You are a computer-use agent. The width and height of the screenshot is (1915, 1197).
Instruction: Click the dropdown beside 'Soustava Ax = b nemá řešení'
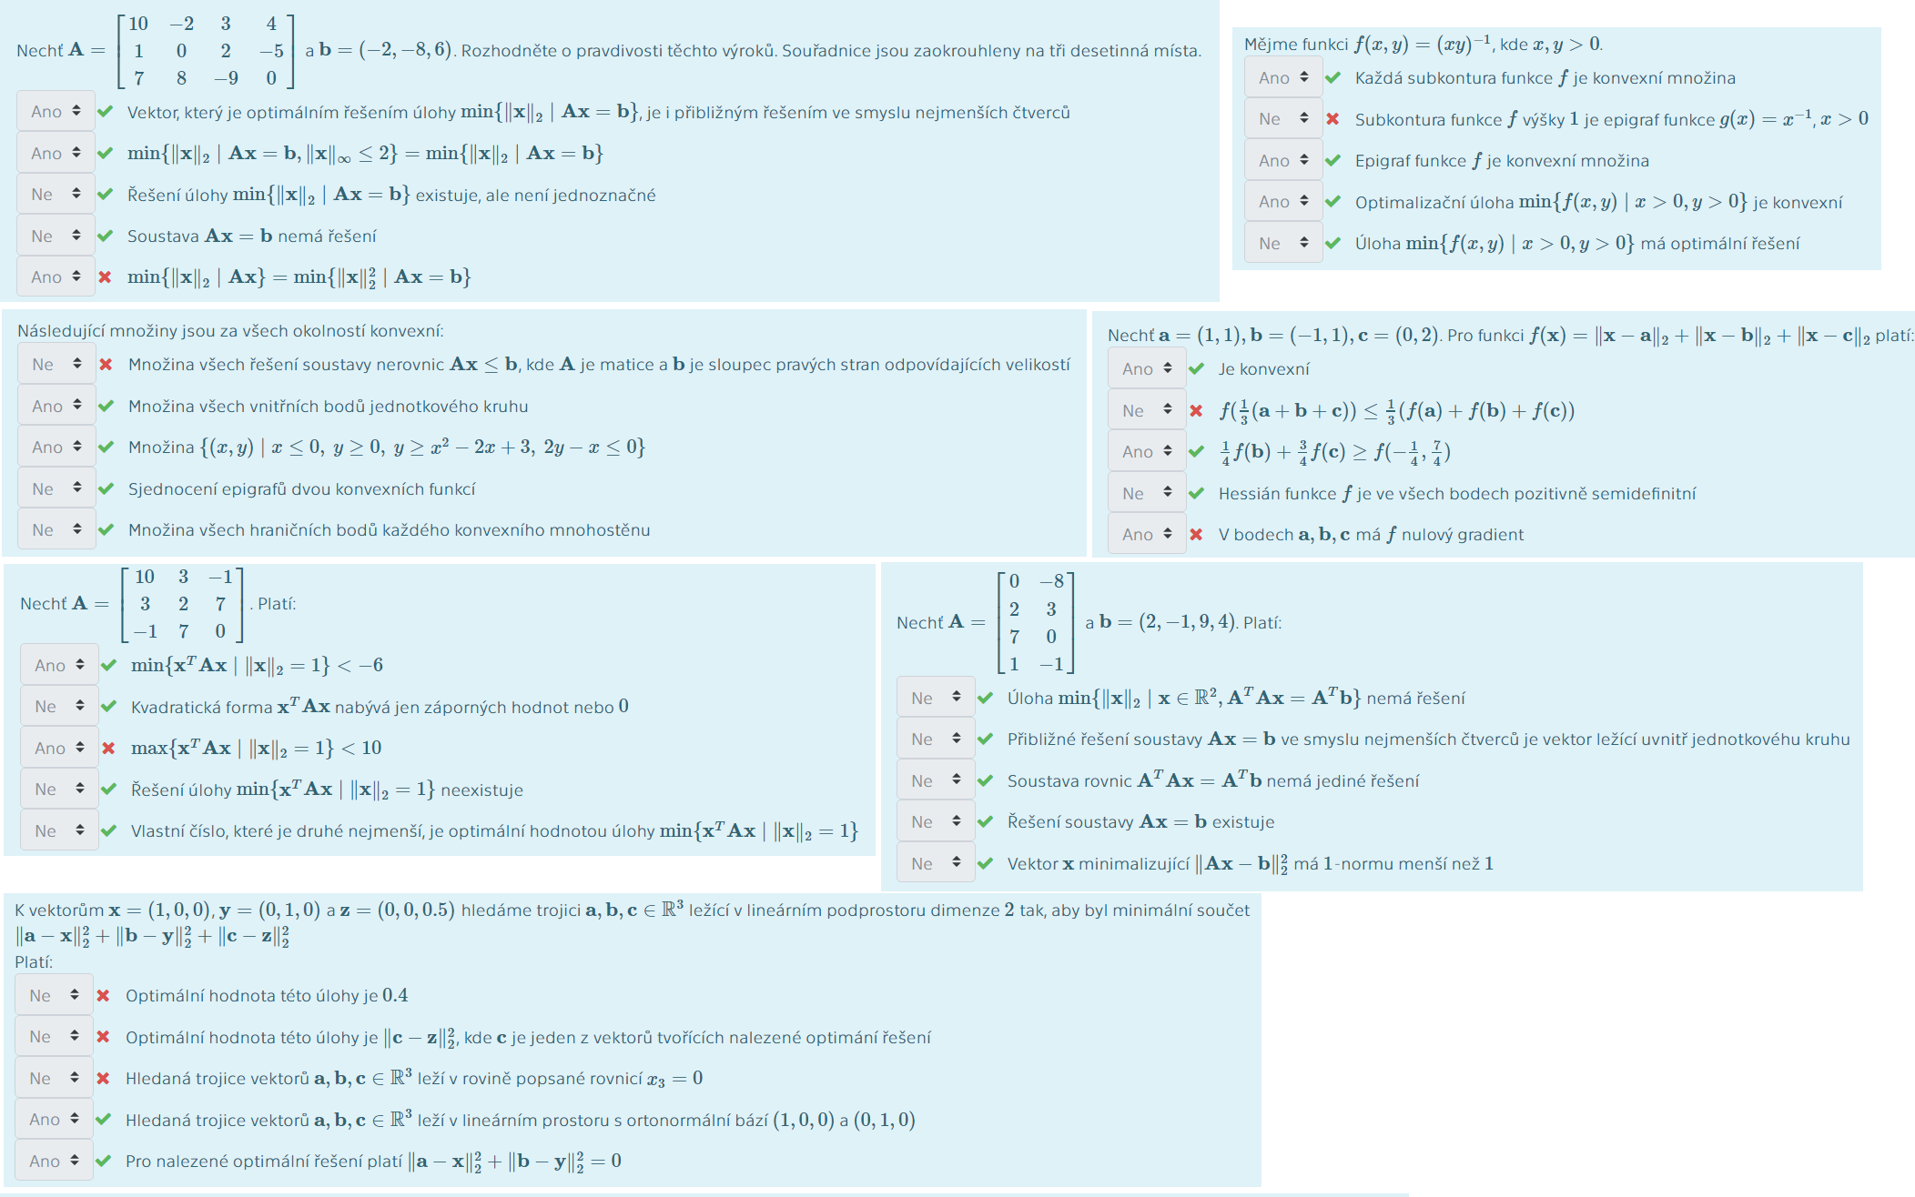56,236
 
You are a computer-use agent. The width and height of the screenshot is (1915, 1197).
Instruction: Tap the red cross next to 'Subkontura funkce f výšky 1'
1332,119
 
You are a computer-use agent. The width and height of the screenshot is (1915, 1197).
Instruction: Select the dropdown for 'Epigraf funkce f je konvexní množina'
1283,160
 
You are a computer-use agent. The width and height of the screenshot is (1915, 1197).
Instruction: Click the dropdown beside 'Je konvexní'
1147,368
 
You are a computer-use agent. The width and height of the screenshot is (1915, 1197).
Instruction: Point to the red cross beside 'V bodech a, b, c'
1196,534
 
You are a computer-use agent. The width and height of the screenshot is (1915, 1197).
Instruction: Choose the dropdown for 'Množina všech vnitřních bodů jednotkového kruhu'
56,406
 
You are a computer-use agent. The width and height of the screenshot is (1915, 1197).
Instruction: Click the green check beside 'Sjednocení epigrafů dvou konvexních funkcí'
106,488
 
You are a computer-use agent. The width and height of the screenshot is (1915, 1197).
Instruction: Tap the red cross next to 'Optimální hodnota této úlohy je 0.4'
103,995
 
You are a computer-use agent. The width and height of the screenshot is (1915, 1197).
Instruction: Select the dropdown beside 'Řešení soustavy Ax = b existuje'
936,821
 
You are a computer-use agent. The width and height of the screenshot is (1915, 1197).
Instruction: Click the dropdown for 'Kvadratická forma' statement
59,706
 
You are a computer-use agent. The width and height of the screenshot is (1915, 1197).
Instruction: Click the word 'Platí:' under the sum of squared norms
34,961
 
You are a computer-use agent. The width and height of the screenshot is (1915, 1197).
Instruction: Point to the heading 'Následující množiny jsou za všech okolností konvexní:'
230,331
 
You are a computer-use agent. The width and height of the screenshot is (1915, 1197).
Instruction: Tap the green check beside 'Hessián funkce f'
1196,493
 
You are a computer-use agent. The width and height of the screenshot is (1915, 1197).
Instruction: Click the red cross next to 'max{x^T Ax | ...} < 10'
108,748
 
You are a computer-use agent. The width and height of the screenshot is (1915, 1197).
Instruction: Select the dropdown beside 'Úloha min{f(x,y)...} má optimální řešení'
1283,243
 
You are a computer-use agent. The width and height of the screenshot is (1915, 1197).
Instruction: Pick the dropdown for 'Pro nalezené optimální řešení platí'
54,1161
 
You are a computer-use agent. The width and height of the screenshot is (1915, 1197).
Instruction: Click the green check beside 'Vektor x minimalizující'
985,863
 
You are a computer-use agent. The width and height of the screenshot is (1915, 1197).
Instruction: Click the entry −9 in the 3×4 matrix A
227,78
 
